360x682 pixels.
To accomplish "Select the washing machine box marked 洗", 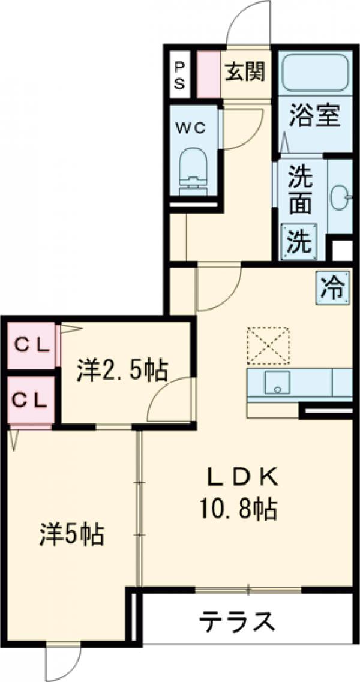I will pos(298,241).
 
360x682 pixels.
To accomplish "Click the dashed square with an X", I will pos(268,345).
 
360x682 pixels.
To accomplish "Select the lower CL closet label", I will pos(30,399).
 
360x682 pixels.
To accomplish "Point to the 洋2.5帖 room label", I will pos(122,371).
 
